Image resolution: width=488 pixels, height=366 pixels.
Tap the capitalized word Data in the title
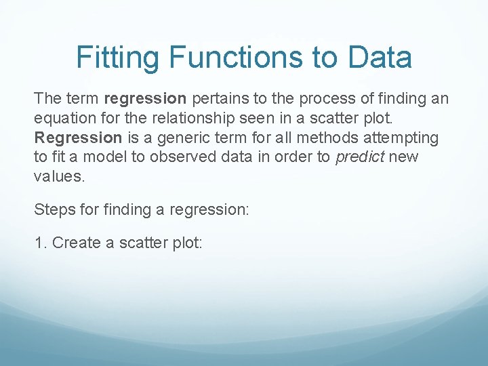pyautogui.click(x=380, y=58)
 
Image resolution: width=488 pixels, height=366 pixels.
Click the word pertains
pyautogui.click(x=219, y=99)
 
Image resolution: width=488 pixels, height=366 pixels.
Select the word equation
pyautogui.click(x=63, y=119)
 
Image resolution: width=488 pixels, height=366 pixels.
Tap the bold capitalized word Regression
pyautogui.click(x=78, y=138)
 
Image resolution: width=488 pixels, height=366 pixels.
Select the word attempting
pyautogui.click(x=403, y=138)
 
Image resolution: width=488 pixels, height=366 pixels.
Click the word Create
pyautogui.click(x=77, y=243)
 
